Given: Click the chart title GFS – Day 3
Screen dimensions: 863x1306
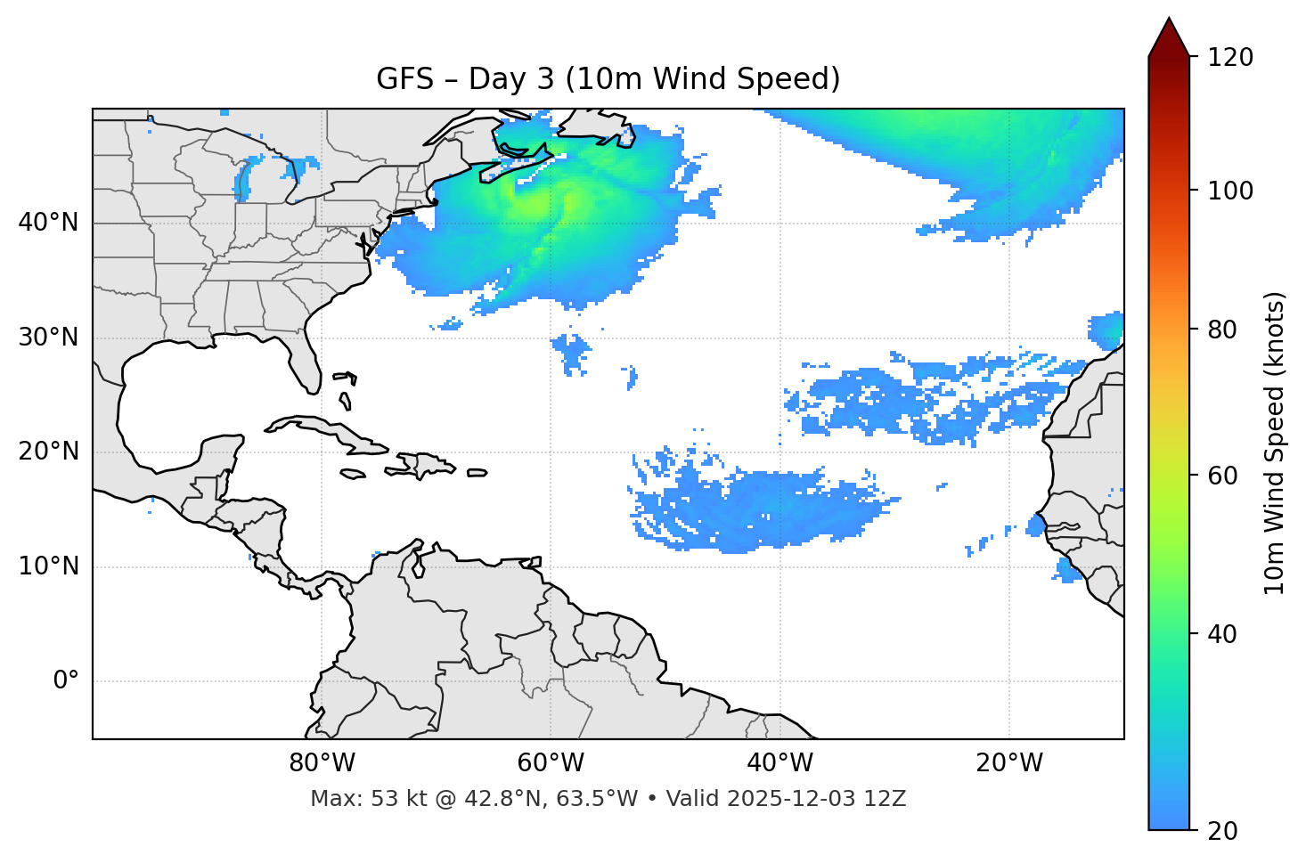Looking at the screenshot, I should tap(608, 79).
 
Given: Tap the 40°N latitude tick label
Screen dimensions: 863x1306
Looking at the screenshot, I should tap(48, 222).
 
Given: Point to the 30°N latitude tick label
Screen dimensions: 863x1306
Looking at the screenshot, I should tap(48, 338).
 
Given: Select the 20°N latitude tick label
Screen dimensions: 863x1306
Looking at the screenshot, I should tap(48, 452).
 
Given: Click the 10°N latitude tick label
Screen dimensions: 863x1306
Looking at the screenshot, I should tap(48, 566).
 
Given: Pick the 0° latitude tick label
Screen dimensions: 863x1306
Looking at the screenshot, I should tap(66, 681).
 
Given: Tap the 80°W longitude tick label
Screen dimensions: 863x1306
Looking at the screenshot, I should tap(322, 763).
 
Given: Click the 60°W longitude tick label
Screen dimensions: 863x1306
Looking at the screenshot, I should tap(551, 763).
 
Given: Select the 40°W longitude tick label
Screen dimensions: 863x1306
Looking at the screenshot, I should tap(780, 763).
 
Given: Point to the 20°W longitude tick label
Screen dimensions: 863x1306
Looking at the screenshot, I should tap(1009, 763).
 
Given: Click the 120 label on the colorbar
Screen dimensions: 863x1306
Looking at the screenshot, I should tap(1230, 57).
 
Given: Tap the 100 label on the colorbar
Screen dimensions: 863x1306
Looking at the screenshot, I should tap(1230, 191).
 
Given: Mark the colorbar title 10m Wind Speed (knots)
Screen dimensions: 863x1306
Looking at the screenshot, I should tap(1275, 443).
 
